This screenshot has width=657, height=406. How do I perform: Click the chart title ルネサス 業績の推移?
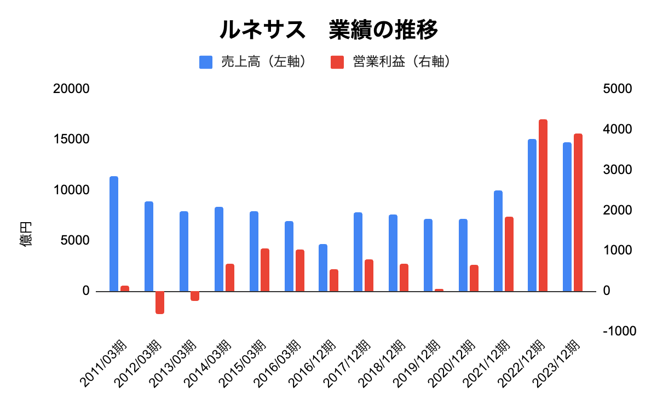click(328, 30)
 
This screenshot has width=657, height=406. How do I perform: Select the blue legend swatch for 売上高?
click(206, 62)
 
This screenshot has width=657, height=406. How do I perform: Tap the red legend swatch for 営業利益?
click(337, 62)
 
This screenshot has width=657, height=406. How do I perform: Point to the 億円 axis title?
click(26, 234)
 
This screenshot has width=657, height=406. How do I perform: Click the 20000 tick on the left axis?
click(71, 89)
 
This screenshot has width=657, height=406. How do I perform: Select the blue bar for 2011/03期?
click(114, 234)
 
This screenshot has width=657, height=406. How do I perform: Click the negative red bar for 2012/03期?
click(160, 302)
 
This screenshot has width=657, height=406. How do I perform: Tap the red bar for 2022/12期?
click(543, 205)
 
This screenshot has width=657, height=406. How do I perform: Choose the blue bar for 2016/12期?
click(323, 268)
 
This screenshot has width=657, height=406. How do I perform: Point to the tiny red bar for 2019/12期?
click(439, 290)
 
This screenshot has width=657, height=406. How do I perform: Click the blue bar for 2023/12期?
click(567, 217)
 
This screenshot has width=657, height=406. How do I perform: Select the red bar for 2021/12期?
click(509, 254)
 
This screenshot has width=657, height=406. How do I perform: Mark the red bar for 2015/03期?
click(264, 270)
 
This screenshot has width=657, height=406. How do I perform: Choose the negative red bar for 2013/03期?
click(195, 296)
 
